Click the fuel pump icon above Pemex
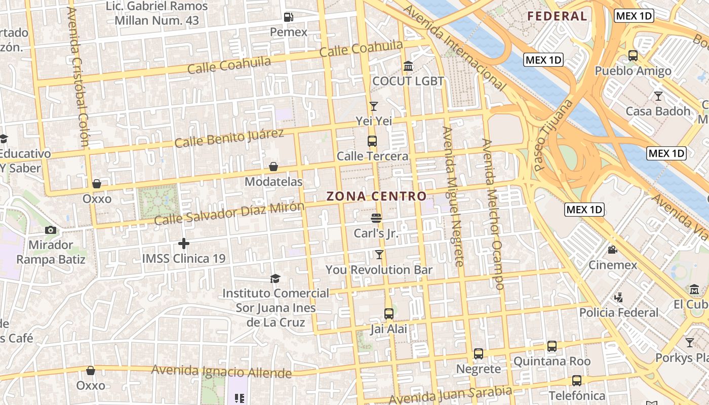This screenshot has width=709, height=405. (x=289, y=17)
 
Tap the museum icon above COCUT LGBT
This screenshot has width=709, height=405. (x=408, y=66)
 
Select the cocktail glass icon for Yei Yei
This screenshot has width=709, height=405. (x=374, y=106)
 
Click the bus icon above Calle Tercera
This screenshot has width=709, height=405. (x=372, y=141)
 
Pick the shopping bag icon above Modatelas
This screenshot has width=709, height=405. (x=273, y=167)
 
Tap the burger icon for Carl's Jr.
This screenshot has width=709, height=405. (x=376, y=218)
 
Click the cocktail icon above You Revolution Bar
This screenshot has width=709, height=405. (x=379, y=254)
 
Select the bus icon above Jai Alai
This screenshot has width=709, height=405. (x=389, y=314)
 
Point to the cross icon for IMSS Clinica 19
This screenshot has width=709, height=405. (x=184, y=244)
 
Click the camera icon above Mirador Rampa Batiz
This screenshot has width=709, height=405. (x=50, y=230)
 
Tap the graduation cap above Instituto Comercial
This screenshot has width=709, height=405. (x=275, y=278)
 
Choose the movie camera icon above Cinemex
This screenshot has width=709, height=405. (x=613, y=250)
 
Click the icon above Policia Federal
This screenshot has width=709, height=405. (x=618, y=298)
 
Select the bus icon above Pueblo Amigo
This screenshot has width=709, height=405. (x=633, y=56)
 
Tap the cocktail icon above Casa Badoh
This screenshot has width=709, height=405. (x=658, y=96)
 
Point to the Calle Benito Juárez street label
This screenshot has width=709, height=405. (x=229, y=138)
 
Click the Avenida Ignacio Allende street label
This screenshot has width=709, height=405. (x=221, y=371)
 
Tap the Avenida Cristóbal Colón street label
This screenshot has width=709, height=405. (x=78, y=76)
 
